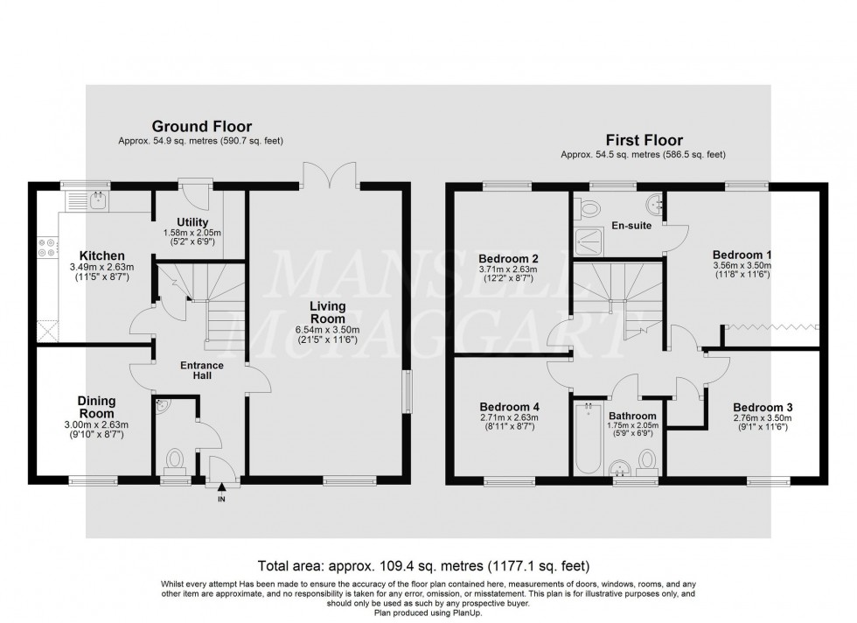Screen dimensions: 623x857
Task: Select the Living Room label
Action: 324,313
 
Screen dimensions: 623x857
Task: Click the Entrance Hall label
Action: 202,370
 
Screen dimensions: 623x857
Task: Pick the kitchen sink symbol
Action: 88,200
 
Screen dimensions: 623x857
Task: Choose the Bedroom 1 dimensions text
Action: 741,270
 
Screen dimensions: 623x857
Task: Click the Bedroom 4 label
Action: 510,407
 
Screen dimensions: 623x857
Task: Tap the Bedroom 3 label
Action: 763,407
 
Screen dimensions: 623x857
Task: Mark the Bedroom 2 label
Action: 508,258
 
